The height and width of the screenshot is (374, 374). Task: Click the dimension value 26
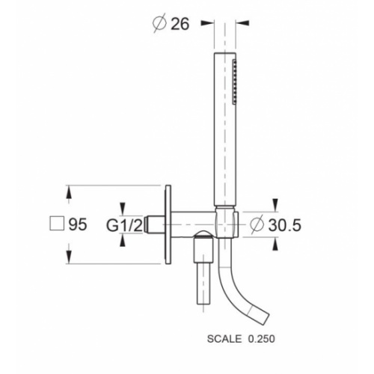pos(180,24)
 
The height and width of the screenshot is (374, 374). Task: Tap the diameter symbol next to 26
pos(159,23)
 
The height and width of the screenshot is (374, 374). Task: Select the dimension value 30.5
pos(284,225)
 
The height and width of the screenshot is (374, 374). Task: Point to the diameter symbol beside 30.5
pos(257,224)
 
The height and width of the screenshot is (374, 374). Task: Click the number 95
pos(78,224)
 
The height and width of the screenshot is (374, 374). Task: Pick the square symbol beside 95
pos(57,223)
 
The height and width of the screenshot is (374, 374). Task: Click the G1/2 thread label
pos(125,225)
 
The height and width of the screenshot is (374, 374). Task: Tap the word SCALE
pos(224,339)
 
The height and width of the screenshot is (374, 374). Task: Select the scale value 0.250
pos(262,339)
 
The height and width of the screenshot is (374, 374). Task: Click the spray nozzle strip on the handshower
pos(234,82)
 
